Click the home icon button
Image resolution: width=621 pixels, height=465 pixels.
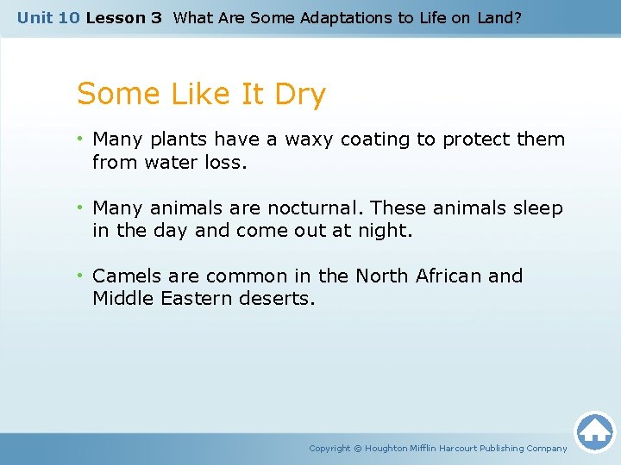[594, 431]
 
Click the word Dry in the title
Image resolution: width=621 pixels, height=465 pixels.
[300, 94]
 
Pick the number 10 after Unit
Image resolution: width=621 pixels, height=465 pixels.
[69, 17]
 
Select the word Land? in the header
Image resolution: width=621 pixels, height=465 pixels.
[498, 17]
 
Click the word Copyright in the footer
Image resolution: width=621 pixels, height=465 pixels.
[329, 449]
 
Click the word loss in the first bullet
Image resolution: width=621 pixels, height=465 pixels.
[223, 162]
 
